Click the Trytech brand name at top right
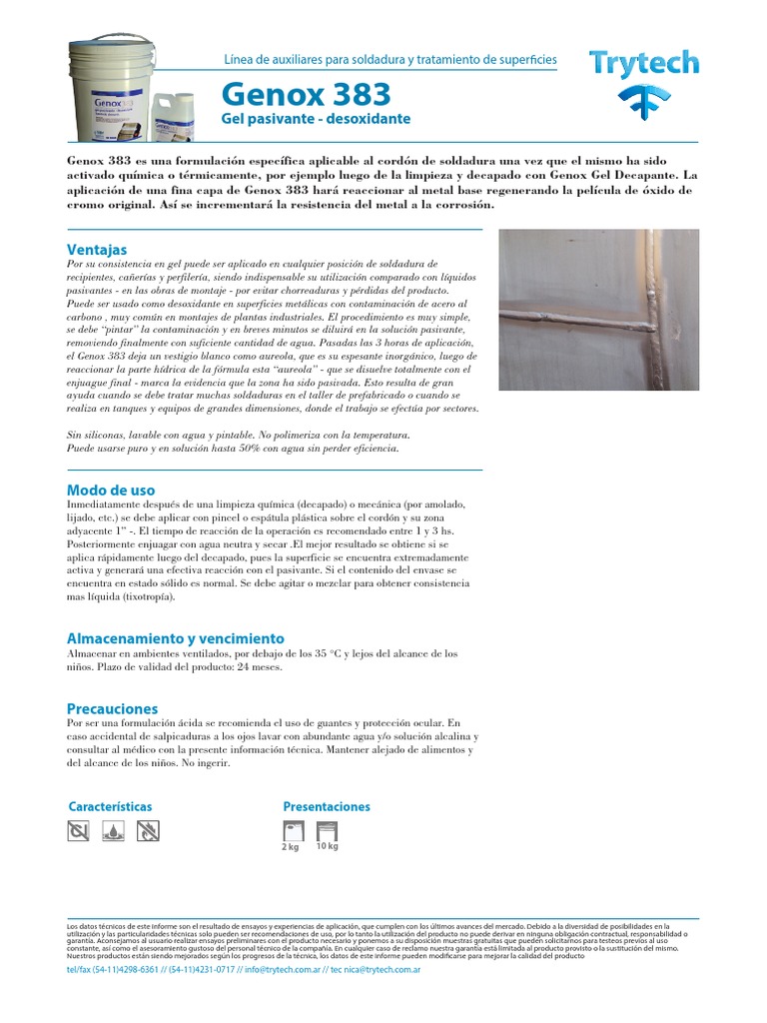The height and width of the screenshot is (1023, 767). coord(643,64)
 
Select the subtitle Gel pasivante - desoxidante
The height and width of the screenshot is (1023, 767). coord(316,120)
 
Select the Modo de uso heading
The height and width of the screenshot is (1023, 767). coord(110,490)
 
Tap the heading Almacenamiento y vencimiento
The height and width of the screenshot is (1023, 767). coord(175,637)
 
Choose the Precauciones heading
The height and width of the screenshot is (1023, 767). coord(112,707)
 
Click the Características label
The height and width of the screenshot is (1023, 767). coord(110,805)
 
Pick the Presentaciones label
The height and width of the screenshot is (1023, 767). coord(326,805)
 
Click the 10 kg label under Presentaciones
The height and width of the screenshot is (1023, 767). coord(327,847)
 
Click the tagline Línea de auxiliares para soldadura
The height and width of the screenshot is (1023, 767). coord(390,61)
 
